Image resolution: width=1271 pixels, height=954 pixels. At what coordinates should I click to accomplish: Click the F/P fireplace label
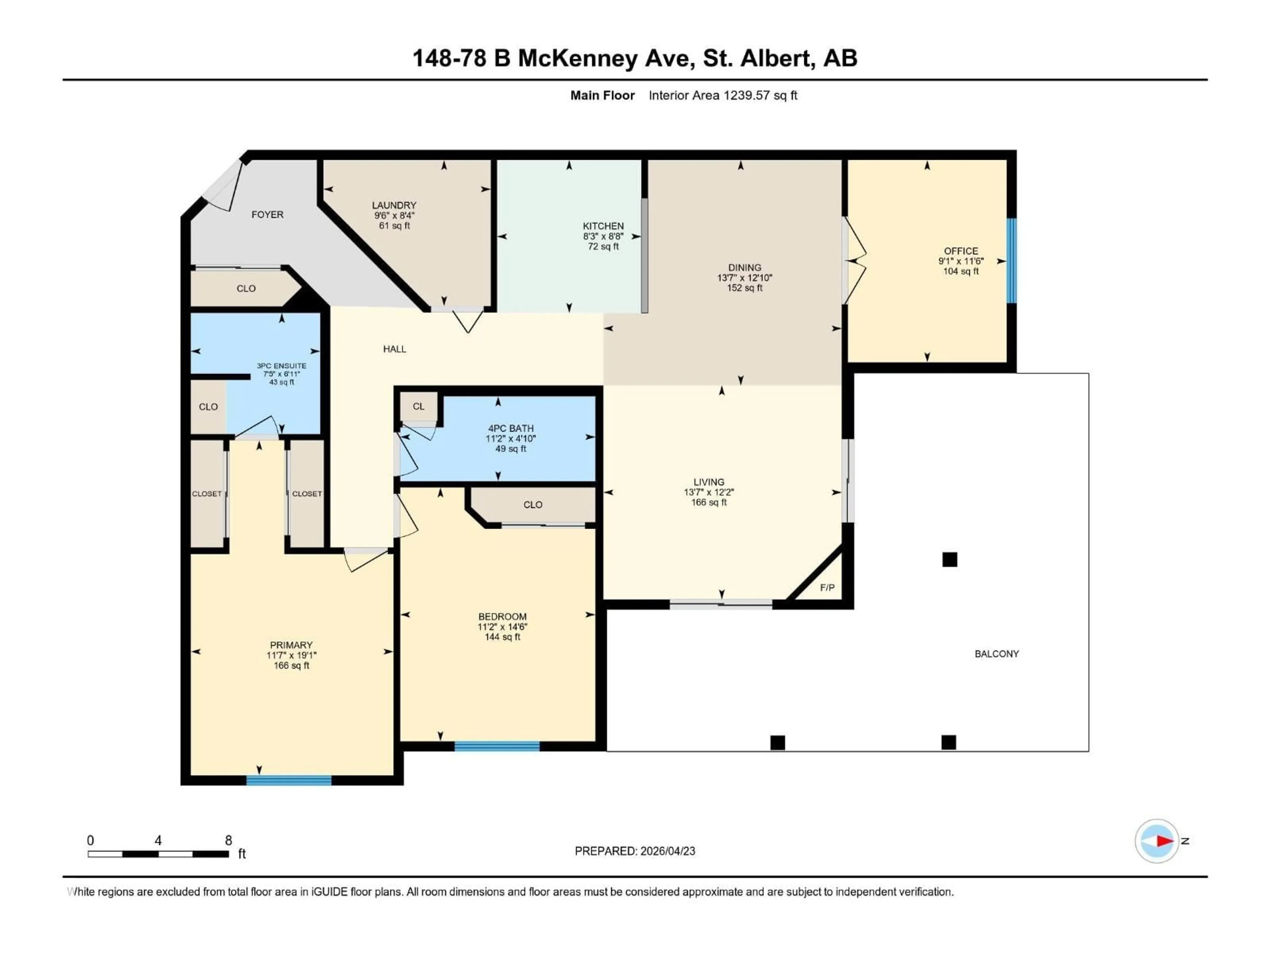pos(827,588)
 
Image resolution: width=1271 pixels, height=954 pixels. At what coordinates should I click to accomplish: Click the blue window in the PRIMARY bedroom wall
pos(289,780)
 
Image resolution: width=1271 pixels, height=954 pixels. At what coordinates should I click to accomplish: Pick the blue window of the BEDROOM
pos(497,746)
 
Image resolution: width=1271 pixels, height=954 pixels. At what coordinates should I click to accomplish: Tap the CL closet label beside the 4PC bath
pos(418,406)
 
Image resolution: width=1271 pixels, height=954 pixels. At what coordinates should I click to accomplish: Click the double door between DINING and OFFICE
pos(854,260)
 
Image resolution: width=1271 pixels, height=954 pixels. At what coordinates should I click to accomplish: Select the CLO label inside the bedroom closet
pos(533,505)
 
